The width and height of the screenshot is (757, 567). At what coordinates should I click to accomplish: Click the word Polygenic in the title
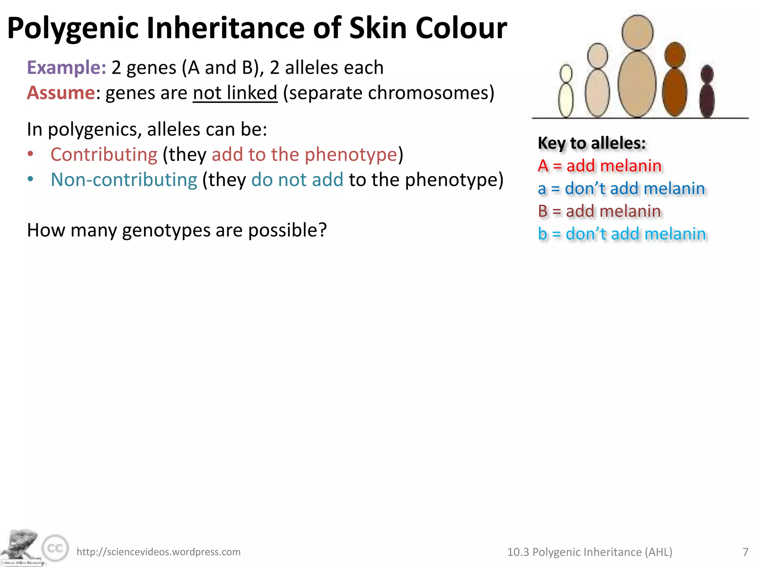coord(73,28)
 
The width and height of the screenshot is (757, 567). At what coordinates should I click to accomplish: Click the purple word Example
coord(67,68)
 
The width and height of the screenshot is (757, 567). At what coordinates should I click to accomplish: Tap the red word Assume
coord(61,93)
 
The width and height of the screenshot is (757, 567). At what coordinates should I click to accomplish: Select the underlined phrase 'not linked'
coord(235,93)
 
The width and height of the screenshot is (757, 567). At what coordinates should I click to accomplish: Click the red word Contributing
coord(104,155)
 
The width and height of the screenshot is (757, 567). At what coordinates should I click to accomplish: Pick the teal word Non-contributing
coord(124,180)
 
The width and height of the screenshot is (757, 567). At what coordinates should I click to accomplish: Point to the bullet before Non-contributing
coord(31,179)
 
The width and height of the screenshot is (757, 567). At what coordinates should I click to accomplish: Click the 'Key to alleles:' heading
coord(592,143)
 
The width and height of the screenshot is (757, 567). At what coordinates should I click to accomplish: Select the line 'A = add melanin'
coord(600,166)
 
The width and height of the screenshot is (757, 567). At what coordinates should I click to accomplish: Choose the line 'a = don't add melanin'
coord(621,189)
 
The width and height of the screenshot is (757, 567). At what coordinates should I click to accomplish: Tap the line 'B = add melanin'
coord(599,212)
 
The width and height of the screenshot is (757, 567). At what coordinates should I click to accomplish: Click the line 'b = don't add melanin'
coord(622,234)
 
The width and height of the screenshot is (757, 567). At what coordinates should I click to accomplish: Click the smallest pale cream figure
coord(566,92)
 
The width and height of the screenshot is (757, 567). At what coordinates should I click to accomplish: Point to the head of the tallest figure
coord(638,32)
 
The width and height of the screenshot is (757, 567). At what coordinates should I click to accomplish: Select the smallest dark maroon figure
coord(707,92)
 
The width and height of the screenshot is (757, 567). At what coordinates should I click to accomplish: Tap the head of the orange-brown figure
coord(675,55)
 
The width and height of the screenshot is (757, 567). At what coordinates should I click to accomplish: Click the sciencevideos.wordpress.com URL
coord(159,552)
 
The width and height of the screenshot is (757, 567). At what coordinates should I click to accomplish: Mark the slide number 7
coord(746,552)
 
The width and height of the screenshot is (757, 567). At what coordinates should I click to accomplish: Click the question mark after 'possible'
coord(322,230)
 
